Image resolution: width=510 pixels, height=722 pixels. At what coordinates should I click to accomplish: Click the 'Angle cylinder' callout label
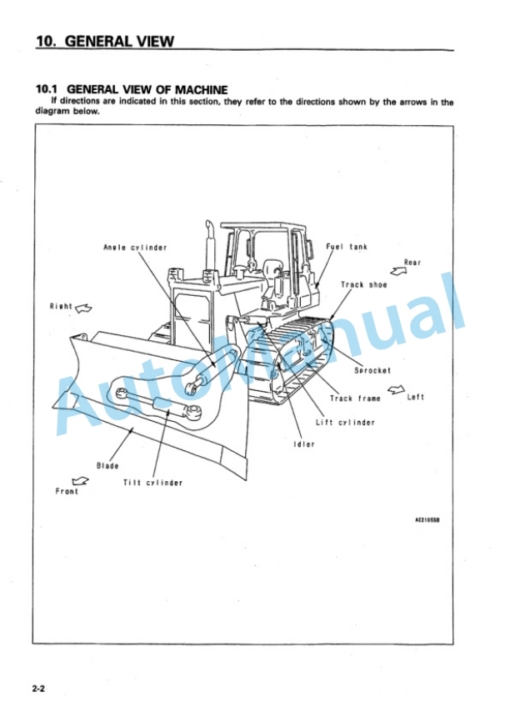(x=135, y=248)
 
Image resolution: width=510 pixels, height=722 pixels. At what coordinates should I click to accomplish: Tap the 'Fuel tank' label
(x=347, y=247)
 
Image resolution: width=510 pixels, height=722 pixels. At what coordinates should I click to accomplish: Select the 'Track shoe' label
(x=363, y=284)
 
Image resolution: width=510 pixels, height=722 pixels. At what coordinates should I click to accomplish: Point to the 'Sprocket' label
(x=372, y=370)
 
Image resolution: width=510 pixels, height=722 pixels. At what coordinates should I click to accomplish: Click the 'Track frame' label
(x=355, y=399)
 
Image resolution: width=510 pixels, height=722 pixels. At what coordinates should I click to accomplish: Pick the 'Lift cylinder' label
(x=345, y=422)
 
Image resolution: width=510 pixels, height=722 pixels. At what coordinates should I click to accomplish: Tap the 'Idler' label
(x=304, y=444)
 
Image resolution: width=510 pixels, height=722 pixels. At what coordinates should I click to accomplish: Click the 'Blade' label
(x=107, y=466)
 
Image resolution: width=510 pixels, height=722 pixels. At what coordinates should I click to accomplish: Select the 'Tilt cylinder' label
(x=152, y=483)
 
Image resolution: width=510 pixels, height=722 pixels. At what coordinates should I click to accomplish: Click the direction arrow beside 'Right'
(x=83, y=308)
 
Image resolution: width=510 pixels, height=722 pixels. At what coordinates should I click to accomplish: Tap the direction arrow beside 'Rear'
(x=398, y=271)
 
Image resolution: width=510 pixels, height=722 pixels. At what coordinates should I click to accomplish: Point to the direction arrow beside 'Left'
(x=397, y=390)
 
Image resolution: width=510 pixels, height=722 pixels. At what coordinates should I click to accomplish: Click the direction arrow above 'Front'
(x=80, y=481)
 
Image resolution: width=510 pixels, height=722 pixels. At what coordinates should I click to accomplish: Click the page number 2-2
(x=38, y=689)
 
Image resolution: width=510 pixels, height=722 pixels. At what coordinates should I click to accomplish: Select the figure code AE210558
(x=427, y=520)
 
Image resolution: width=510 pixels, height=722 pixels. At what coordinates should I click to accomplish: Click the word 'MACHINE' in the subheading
(x=201, y=89)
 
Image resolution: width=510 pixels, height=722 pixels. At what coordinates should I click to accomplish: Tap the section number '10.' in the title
(x=46, y=42)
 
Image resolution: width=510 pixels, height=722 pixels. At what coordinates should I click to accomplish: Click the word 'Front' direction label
(x=67, y=491)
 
